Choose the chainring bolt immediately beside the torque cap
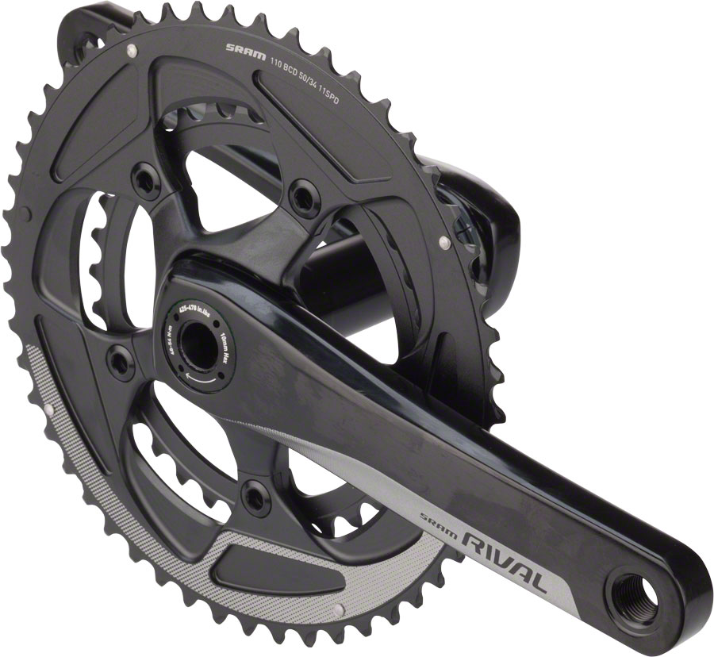120,362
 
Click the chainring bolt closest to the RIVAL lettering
255,495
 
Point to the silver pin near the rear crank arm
444,240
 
